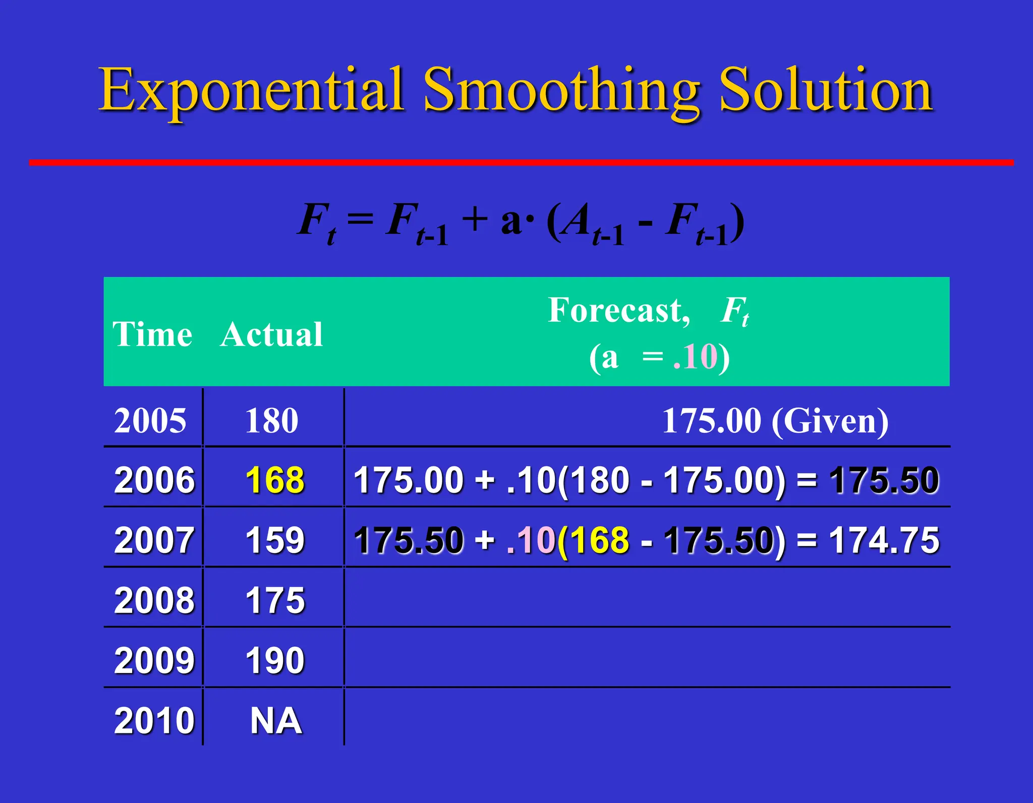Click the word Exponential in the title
click(251, 91)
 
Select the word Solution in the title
click(826, 91)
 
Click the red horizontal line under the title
click(521, 162)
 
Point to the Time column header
click(152, 334)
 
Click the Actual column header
click(271, 334)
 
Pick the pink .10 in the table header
click(695, 357)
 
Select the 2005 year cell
click(150, 420)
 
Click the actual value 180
click(272, 420)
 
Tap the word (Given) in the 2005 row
click(830, 420)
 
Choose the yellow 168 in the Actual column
click(275, 480)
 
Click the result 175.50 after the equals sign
click(884, 480)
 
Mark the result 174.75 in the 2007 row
click(884, 540)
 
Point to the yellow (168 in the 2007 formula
click(594, 540)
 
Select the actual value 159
click(275, 540)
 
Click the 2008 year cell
click(154, 600)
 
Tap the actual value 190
click(275, 660)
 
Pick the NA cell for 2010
click(276, 720)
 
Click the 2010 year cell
click(154, 720)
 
